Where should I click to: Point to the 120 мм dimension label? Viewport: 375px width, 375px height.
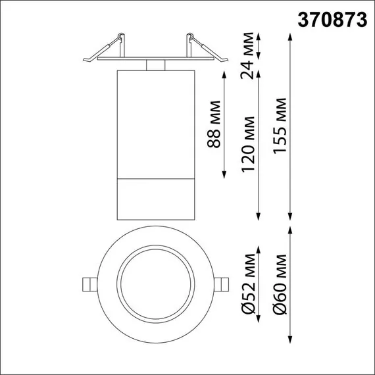point(248,151)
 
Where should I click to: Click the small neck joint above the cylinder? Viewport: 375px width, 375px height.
point(155,64)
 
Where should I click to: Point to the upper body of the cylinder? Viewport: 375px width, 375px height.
point(155,122)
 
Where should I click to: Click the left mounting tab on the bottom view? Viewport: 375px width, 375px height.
point(87,284)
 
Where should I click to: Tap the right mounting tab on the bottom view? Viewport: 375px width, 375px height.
point(224,284)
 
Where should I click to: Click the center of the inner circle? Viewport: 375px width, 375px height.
point(155,284)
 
